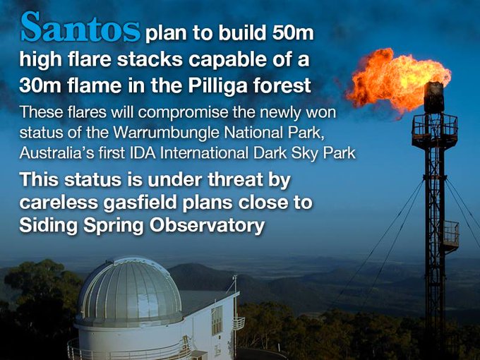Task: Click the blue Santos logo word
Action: pos(80,27)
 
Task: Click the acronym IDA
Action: pos(143,153)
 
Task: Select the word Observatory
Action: pos(207,226)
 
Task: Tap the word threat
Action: pos(235,179)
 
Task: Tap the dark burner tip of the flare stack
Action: pos(434,97)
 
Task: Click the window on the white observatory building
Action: pos(217,319)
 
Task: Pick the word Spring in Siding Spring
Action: pos(114,227)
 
